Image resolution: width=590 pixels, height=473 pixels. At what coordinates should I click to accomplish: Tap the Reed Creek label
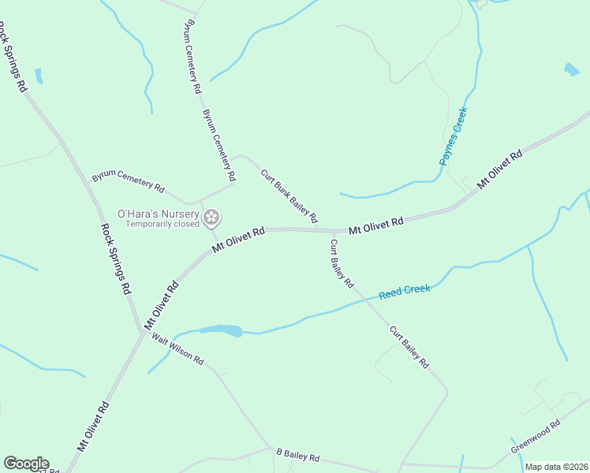click(x=405, y=291)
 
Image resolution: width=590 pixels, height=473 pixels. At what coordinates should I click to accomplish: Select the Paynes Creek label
click(x=454, y=136)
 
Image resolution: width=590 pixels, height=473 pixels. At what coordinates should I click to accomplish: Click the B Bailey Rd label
click(x=297, y=456)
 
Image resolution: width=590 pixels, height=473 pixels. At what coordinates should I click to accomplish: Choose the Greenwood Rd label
click(x=535, y=436)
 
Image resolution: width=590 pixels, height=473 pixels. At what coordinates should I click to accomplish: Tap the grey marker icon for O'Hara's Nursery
click(x=211, y=218)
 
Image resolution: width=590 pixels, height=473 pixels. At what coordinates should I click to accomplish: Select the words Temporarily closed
click(x=163, y=224)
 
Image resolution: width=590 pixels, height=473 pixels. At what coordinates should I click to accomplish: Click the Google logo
click(x=26, y=464)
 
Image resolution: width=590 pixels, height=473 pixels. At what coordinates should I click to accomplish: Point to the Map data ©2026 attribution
click(x=556, y=467)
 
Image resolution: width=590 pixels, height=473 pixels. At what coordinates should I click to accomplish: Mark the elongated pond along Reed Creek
click(x=221, y=330)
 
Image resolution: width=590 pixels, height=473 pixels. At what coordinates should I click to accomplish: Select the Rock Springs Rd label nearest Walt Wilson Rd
click(x=115, y=259)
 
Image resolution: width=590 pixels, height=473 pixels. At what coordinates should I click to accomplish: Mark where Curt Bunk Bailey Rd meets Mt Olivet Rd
click(x=322, y=230)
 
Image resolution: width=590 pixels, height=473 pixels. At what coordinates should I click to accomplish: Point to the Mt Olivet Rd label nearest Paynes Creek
click(x=499, y=169)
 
